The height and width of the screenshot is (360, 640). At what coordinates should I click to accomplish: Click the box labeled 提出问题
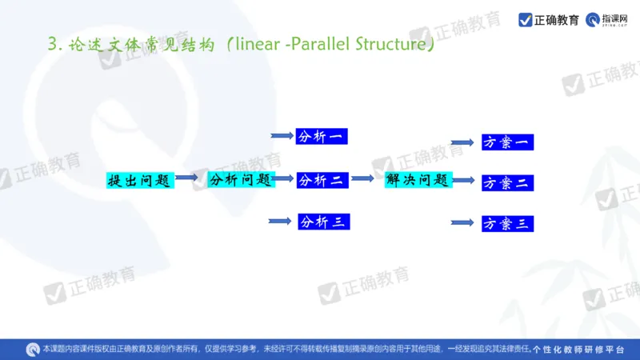pos(140,180)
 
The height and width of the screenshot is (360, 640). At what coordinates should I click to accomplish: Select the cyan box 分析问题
pos(241,180)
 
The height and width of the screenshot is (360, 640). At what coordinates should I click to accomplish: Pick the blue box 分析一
pos(321,137)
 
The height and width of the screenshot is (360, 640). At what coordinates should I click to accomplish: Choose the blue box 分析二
pos(322,180)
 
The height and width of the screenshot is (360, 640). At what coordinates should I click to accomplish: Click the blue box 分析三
pos(323,222)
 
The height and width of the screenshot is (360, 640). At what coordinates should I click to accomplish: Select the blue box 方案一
pos(507,142)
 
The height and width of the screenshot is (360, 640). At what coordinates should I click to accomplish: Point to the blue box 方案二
pos(507,182)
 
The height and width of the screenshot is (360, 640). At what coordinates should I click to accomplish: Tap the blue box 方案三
pos(507,224)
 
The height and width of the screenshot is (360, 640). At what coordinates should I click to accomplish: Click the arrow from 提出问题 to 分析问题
pos(187,178)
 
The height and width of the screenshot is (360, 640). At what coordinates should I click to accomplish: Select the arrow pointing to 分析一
pos(282,137)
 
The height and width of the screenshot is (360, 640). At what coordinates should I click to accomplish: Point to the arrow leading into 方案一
pos(462,142)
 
